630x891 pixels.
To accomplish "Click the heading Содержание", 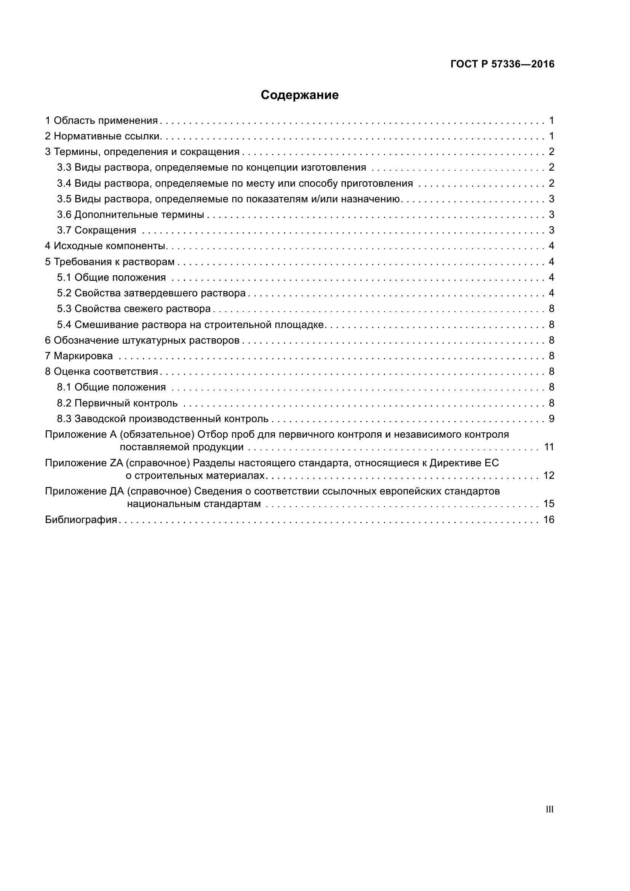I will click(x=299, y=95).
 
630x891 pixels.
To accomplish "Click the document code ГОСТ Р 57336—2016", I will click(x=502, y=64).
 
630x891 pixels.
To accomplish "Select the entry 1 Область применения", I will click(x=102, y=121).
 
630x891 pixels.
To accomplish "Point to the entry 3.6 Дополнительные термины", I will click(x=130, y=214).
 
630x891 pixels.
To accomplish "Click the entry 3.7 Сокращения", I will click(x=97, y=230).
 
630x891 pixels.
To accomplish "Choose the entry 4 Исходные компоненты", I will click(x=106, y=246).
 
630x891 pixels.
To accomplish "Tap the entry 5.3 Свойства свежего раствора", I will click(x=134, y=309).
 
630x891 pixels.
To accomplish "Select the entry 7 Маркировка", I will click(x=79, y=356).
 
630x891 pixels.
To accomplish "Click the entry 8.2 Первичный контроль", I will click(x=117, y=403).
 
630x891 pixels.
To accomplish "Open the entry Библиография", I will click(x=81, y=520).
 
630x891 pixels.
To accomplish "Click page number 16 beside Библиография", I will click(x=548, y=520).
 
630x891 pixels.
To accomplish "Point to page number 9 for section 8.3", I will click(x=551, y=419).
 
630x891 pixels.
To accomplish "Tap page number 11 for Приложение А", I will click(x=549, y=447).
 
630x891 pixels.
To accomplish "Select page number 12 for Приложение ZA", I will click(x=548, y=475).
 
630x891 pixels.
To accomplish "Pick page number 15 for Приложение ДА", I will click(x=548, y=504).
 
